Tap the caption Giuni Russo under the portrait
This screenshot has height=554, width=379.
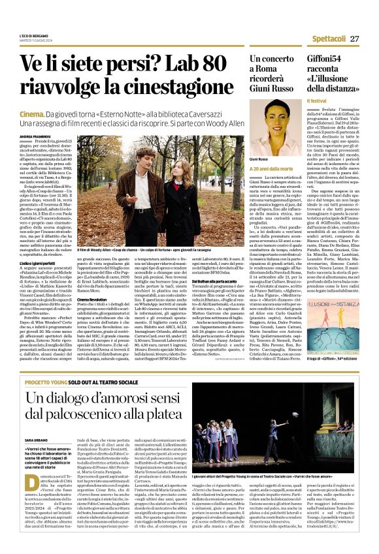pos(259,159)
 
